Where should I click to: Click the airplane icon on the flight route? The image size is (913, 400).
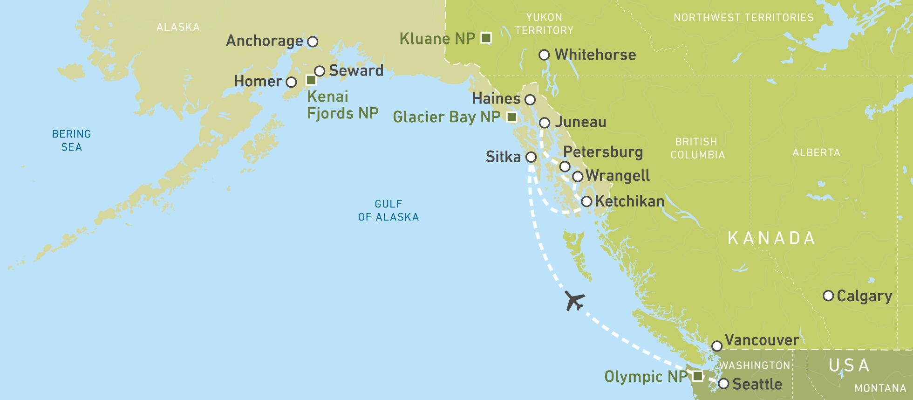[x=574, y=300]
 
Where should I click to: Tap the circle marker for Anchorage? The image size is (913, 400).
[x=313, y=41]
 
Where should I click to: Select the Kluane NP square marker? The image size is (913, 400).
[x=486, y=38]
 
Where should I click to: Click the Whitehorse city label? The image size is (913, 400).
[x=595, y=55]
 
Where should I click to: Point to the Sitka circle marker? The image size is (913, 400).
[x=531, y=157]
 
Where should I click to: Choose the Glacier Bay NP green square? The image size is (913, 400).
[x=511, y=117]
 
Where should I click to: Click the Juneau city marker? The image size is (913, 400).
[x=545, y=123]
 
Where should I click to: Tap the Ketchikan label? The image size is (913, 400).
[x=629, y=201]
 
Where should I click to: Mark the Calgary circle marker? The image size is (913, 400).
[x=828, y=296]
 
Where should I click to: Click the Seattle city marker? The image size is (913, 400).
[x=723, y=384]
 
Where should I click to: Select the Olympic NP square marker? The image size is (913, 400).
[x=697, y=376]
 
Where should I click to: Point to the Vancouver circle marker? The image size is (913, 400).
[x=717, y=346]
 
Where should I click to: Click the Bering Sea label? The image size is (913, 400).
[x=71, y=140]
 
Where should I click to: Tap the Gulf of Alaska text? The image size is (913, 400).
[x=388, y=210]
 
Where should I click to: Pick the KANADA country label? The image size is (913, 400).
[x=771, y=238]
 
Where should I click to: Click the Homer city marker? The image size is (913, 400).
[x=291, y=83]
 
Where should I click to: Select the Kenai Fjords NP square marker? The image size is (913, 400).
[x=311, y=80]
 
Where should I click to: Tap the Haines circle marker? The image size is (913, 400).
[x=530, y=100]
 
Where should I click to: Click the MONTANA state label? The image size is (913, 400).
[x=880, y=388]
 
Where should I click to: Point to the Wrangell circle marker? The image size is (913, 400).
[x=578, y=177]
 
